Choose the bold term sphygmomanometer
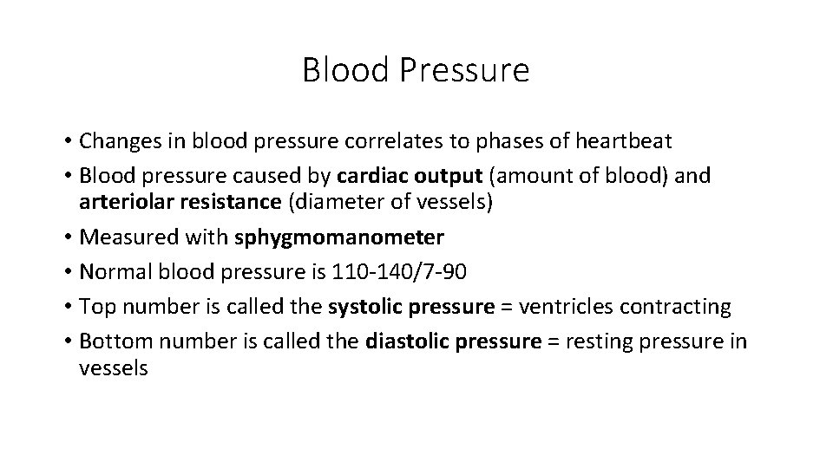[339, 237]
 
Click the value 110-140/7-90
[400, 271]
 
